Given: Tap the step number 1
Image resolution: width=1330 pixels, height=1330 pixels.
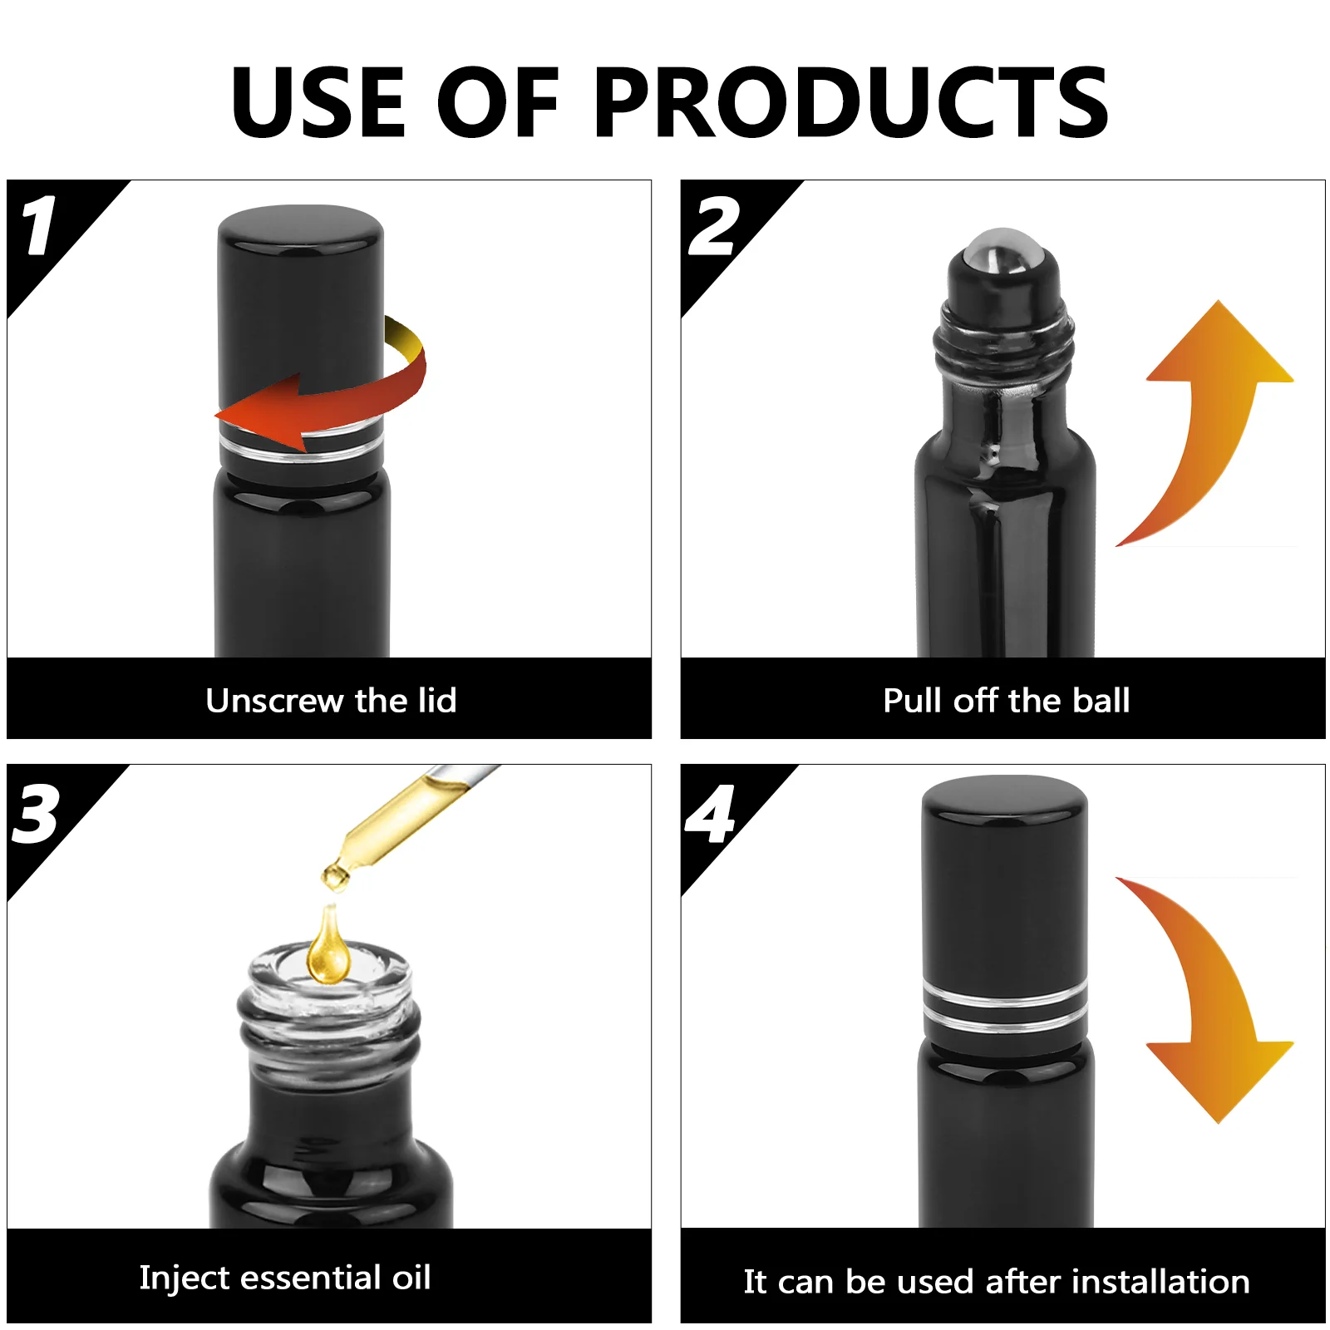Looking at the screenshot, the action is pos(38,225).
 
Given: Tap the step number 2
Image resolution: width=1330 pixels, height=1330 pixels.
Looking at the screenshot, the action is pos(713,226).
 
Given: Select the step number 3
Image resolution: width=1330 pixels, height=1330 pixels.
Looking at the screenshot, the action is pos(36,814).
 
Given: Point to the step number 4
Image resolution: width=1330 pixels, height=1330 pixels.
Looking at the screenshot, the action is pos(710,814).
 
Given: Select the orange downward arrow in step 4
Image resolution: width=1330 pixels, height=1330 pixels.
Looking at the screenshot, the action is pos(1205,997).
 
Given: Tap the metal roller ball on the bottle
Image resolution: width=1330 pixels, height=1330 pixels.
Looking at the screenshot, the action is pos(1003,249).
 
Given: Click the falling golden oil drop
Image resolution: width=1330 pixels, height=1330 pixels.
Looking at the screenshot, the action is pos(329,945).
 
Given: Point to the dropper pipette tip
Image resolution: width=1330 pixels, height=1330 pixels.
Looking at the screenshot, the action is pos(335,878).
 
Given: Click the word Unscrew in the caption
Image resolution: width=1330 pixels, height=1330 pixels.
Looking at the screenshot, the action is pos(275,701).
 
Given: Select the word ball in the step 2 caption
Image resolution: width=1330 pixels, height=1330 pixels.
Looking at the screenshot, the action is pos(1101,700).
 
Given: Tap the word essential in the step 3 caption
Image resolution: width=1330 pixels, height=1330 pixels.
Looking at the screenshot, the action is pos(313,1278).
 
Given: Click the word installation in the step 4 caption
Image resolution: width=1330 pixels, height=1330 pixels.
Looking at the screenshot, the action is pos(1160,1281).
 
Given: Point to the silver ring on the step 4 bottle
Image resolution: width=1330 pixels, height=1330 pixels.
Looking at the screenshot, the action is pos(1005,1007).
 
